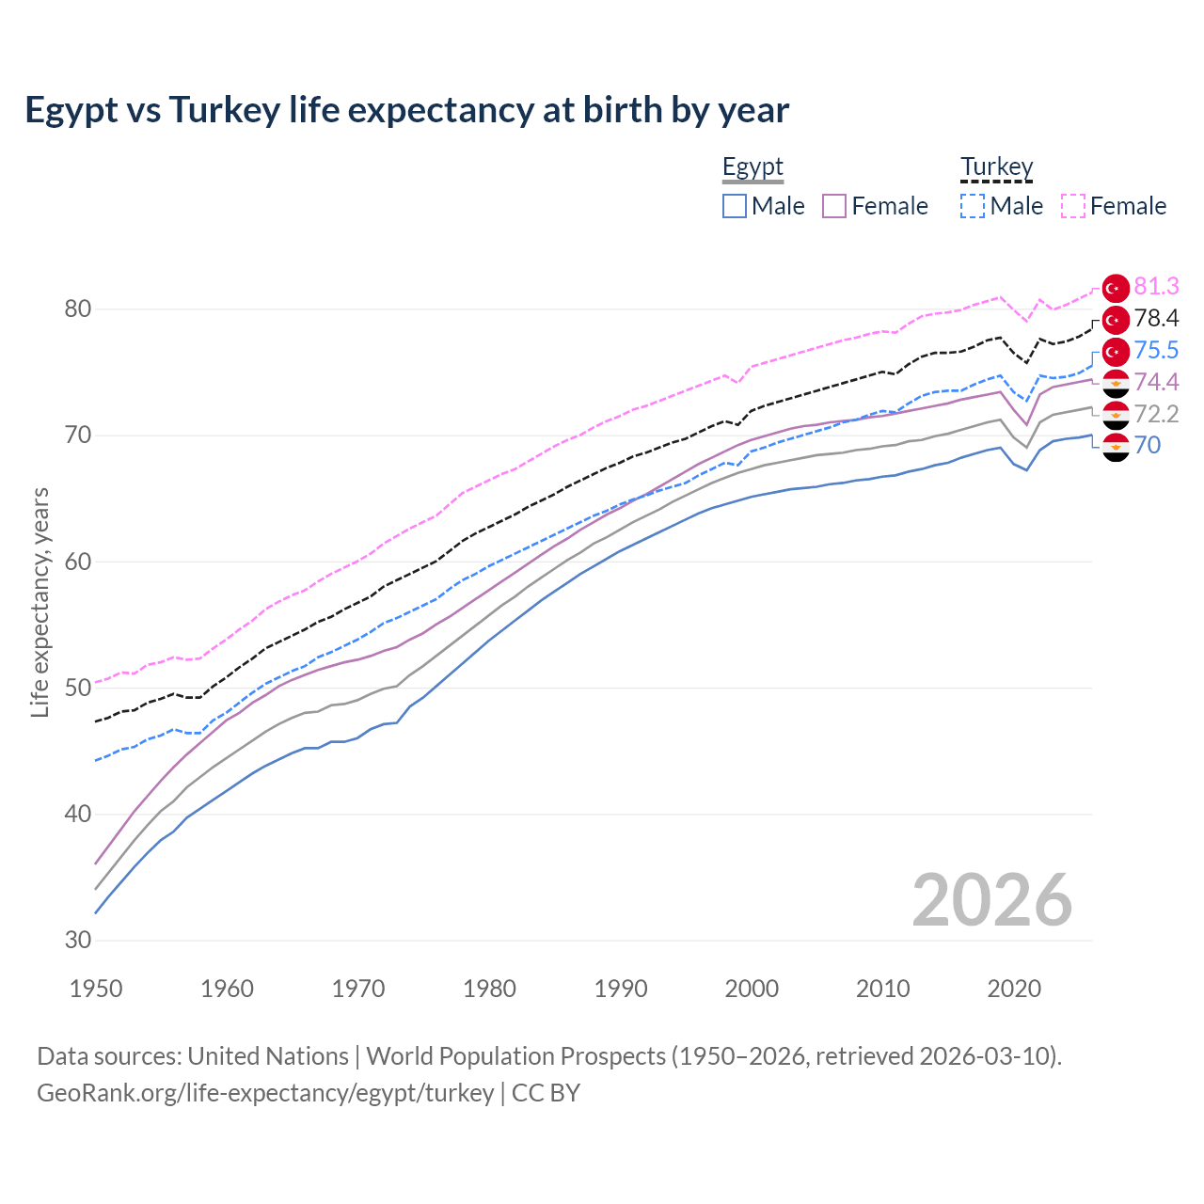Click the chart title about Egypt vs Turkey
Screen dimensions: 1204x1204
(406, 110)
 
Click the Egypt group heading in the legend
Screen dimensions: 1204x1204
(752, 167)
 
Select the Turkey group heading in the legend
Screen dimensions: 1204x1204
(996, 167)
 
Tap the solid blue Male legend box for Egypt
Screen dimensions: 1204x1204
(735, 206)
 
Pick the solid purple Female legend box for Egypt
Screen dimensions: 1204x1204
(834, 206)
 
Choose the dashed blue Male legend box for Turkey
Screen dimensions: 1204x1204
(973, 206)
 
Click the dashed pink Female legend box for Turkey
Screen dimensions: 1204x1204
(1073, 206)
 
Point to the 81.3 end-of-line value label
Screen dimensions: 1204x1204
(1156, 287)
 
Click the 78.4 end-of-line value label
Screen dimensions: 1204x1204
(1156, 319)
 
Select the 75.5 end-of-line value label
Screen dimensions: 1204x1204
(1156, 351)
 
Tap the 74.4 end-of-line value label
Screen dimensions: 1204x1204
(1156, 382)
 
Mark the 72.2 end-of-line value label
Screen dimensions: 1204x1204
(1156, 414)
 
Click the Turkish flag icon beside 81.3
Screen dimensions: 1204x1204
(1116, 288)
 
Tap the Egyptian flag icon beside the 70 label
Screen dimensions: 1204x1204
(1116, 447)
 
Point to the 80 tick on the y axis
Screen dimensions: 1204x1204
(79, 309)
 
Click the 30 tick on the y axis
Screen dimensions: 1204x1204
(79, 941)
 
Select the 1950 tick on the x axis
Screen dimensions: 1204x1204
(96, 989)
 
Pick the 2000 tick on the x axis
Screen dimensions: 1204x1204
(752, 989)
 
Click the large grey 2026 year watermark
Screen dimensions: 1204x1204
(991, 900)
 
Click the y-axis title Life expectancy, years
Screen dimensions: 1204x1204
(40, 602)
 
